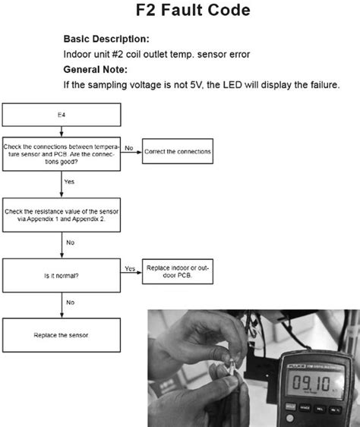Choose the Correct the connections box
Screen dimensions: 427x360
pyautogui.click(x=177, y=152)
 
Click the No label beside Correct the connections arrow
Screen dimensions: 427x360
pyautogui.click(x=129, y=147)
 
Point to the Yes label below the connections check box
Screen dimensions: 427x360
pyautogui.click(x=69, y=182)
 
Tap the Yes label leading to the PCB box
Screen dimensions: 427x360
pyautogui.click(x=129, y=268)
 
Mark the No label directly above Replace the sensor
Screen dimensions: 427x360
pyautogui.click(x=70, y=302)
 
